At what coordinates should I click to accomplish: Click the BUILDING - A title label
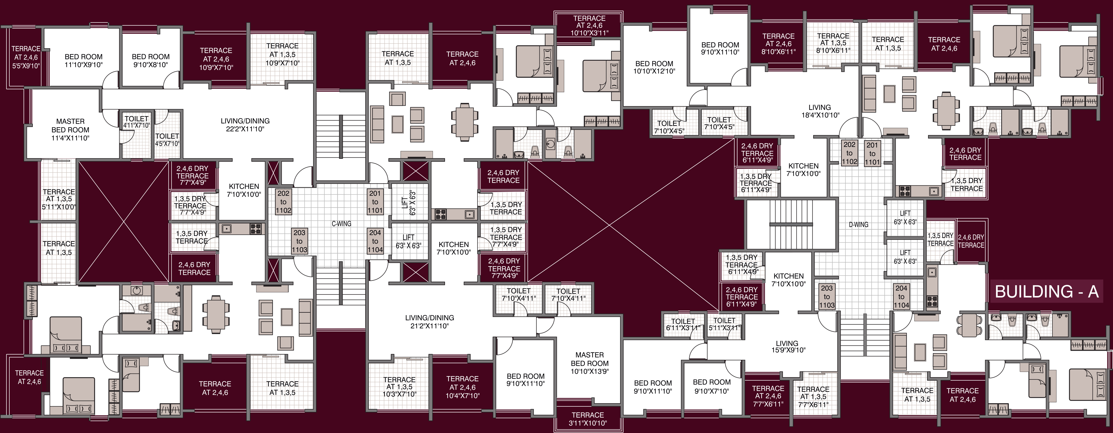click(1046, 292)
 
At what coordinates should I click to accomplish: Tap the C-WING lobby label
click(341, 224)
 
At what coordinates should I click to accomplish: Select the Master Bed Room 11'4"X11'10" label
click(70, 130)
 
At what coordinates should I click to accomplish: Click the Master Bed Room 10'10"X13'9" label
click(589, 363)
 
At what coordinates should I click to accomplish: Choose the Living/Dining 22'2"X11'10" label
click(245, 125)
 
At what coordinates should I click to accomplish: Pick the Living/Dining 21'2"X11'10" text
click(430, 322)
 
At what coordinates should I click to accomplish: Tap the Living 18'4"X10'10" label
click(820, 111)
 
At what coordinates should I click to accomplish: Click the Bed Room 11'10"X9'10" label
click(83, 61)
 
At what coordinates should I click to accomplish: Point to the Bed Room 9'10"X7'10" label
click(712, 386)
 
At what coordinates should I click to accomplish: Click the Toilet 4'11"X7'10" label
click(136, 122)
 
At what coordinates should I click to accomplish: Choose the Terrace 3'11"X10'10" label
click(588, 419)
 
